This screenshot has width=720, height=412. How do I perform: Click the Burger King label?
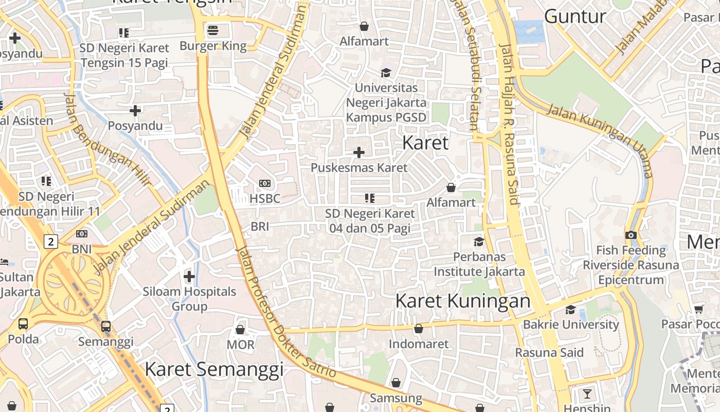(x=213, y=46)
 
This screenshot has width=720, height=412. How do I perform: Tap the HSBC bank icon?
(x=265, y=183)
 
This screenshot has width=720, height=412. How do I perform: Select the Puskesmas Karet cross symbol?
(x=359, y=152)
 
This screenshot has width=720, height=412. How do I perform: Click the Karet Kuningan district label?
(x=462, y=301)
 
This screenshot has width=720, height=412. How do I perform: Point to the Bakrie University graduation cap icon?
(x=570, y=310)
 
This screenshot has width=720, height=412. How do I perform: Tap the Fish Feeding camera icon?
(x=631, y=235)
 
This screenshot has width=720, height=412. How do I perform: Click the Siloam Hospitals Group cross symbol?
(x=189, y=277)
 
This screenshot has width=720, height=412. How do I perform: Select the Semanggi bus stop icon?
(x=105, y=326)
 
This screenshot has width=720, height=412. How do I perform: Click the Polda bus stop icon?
(x=23, y=324)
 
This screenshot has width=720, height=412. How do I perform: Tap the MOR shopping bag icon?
(x=240, y=330)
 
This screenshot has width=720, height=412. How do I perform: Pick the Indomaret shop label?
(x=418, y=344)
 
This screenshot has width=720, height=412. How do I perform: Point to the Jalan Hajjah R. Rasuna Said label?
(x=510, y=124)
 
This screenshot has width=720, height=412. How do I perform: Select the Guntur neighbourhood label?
(x=575, y=16)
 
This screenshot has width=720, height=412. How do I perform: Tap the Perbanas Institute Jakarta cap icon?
(x=479, y=242)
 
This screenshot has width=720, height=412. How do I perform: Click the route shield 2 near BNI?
(x=50, y=241)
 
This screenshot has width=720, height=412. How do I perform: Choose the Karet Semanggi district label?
(x=214, y=369)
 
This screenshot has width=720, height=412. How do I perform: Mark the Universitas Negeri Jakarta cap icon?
(x=386, y=73)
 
